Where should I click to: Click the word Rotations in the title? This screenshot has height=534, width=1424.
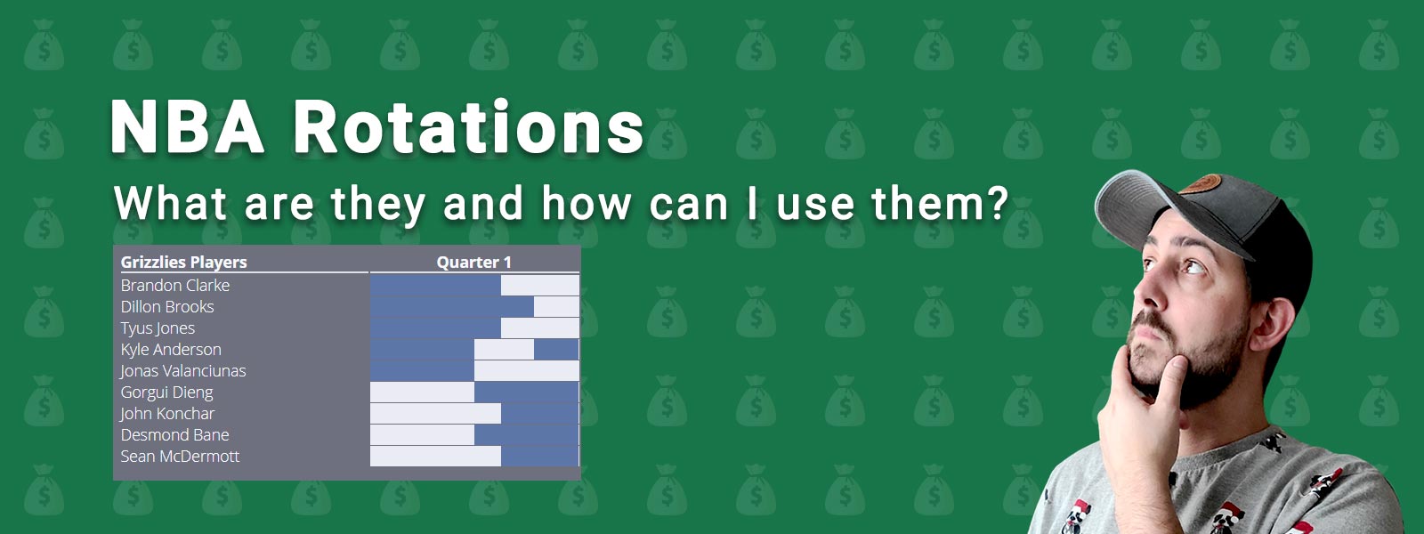468,127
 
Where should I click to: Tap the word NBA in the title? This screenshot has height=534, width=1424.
187,127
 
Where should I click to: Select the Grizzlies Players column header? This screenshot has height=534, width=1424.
183,262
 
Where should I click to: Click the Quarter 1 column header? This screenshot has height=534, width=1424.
473,262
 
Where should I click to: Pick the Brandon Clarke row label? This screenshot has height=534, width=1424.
174,286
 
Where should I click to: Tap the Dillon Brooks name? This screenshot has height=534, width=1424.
167,306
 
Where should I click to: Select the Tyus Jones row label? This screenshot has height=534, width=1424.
158,328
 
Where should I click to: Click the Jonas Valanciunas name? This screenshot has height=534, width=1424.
183,370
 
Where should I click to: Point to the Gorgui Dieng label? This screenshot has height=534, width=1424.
166,392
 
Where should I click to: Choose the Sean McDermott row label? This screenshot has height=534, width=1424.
180,456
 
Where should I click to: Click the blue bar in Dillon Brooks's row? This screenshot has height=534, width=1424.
452,306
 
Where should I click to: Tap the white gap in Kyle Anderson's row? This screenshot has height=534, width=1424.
504,349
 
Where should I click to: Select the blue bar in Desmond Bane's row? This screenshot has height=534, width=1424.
526,435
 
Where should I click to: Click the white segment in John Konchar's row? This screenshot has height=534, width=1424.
435,413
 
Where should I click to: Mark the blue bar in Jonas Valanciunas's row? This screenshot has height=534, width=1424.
422,370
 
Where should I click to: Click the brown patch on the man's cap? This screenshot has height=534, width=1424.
1200,183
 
